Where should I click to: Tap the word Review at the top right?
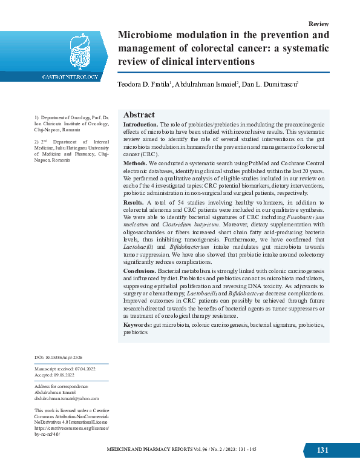click(x=318, y=24)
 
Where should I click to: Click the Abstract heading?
click(x=139, y=115)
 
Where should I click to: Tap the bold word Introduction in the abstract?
click(x=140, y=124)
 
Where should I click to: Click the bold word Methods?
click(x=134, y=163)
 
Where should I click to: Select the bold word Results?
click(x=133, y=202)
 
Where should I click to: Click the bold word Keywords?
click(x=137, y=325)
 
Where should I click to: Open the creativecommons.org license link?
click(x=71, y=428)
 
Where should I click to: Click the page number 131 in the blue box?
click(x=322, y=450)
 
